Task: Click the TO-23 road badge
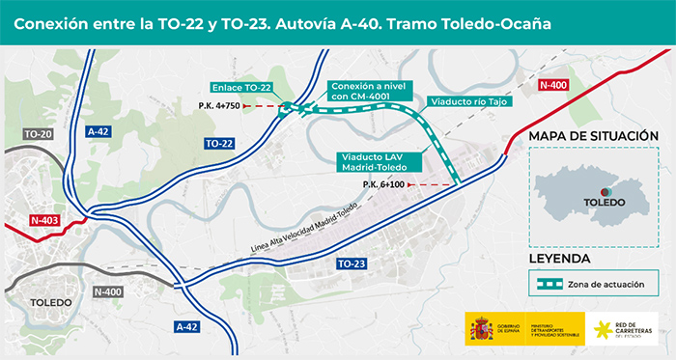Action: pyautogui.click(x=352, y=263)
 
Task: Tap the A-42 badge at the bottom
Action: pyautogui.click(x=189, y=327)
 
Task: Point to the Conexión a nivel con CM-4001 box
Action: pyautogui.click(x=364, y=89)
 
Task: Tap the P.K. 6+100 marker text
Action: pyautogui.click(x=384, y=184)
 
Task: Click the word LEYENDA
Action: pyautogui.click(x=560, y=260)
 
